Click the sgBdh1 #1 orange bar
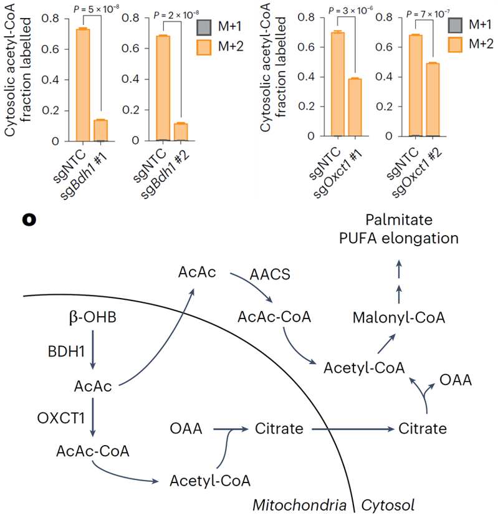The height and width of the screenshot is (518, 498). (100, 130)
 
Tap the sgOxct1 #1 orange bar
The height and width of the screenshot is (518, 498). (355, 107)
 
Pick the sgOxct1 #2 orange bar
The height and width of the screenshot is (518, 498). (434, 100)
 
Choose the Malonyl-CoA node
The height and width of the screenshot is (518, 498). (399, 317)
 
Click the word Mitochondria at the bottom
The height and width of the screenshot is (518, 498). (299, 504)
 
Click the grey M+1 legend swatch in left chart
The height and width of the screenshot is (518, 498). (204, 27)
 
